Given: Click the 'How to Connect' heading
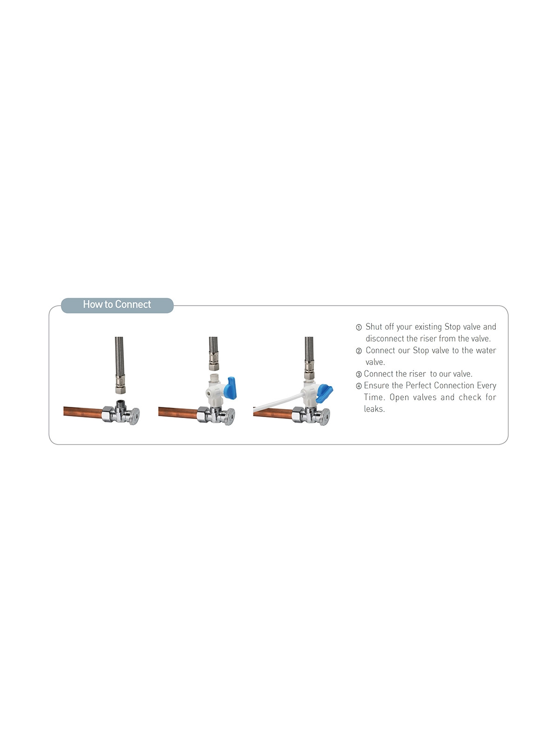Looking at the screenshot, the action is [x=117, y=305].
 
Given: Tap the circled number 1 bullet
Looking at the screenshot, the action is [x=359, y=327].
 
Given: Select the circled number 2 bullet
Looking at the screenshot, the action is [x=359, y=351].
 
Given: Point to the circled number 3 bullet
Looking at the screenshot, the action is [x=359, y=374].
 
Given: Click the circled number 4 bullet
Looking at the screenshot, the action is [x=359, y=386].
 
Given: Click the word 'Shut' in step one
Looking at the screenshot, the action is [x=374, y=326].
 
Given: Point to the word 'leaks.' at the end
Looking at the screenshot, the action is [x=374, y=409].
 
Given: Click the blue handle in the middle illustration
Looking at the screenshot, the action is [x=232, y=387].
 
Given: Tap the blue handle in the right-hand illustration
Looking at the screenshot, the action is [x=324, y=393].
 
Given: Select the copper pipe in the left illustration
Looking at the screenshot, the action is [x=83, y=412].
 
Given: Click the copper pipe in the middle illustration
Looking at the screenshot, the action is [x=178, y=412].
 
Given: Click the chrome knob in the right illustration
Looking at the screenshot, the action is [x=325, y=417].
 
